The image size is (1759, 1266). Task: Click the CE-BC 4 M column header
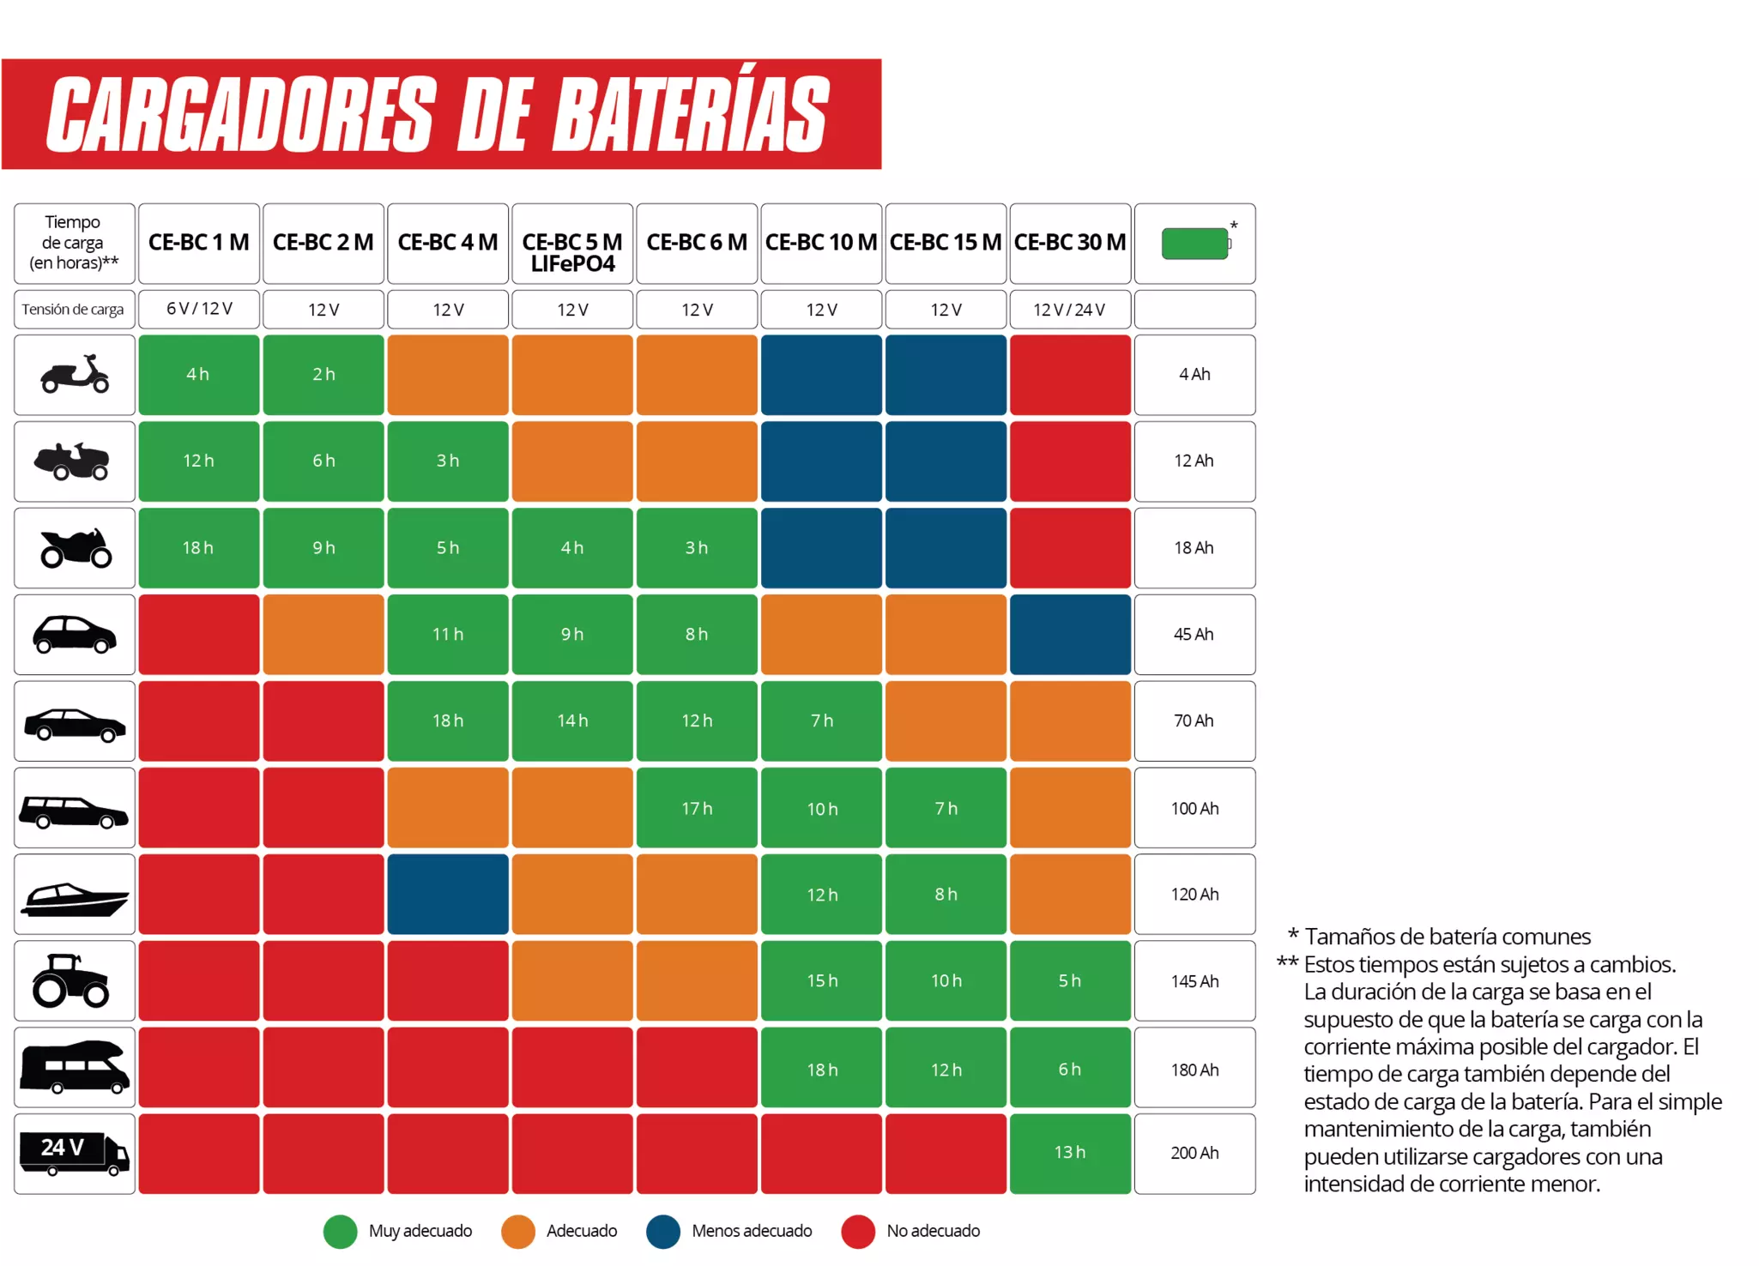(447, 243)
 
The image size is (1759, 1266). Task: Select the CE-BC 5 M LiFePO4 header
(572, 251)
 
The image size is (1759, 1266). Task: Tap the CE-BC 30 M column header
(1069, 243)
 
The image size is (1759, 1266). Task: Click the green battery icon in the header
(1194, 244)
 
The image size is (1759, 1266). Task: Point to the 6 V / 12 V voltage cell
(199, 309)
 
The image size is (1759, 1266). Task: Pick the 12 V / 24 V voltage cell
(1069, 310)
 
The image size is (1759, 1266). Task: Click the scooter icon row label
(75, 375)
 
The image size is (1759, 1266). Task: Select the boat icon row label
(75, 895)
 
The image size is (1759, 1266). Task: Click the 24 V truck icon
(75, 1153)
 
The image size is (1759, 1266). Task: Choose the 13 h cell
(1069, 1152)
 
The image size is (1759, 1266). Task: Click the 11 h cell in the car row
(447, 635)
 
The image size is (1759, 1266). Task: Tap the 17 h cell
(697, 808)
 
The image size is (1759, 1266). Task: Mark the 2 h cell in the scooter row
(323, 374)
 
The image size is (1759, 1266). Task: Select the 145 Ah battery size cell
(1194, 981)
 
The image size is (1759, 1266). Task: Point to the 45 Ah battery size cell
(1194, 635)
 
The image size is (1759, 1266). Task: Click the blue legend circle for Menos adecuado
(663, 1232)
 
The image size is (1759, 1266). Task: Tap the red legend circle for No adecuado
(858, 1232)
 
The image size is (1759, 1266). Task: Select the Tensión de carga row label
(73, 310)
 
